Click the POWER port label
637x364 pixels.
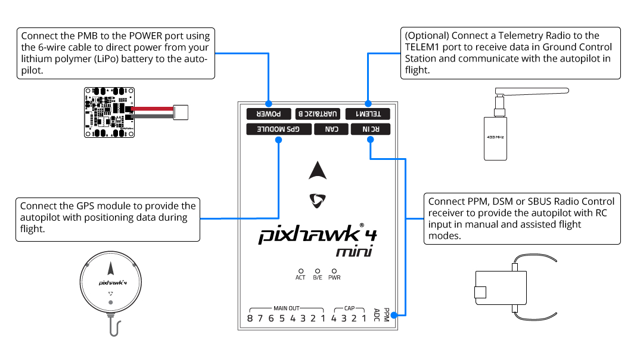[268, 113]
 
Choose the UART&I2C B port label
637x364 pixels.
[318, 113]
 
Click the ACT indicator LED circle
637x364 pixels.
[300, 270]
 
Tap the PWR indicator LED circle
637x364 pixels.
[334, 270]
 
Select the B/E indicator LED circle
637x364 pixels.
[318, 270]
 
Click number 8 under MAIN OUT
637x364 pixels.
[250, 319]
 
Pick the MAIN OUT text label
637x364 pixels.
[287, 309]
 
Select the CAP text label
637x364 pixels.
[349, 309]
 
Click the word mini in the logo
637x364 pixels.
[354, 252]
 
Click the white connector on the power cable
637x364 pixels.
[181, 112]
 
